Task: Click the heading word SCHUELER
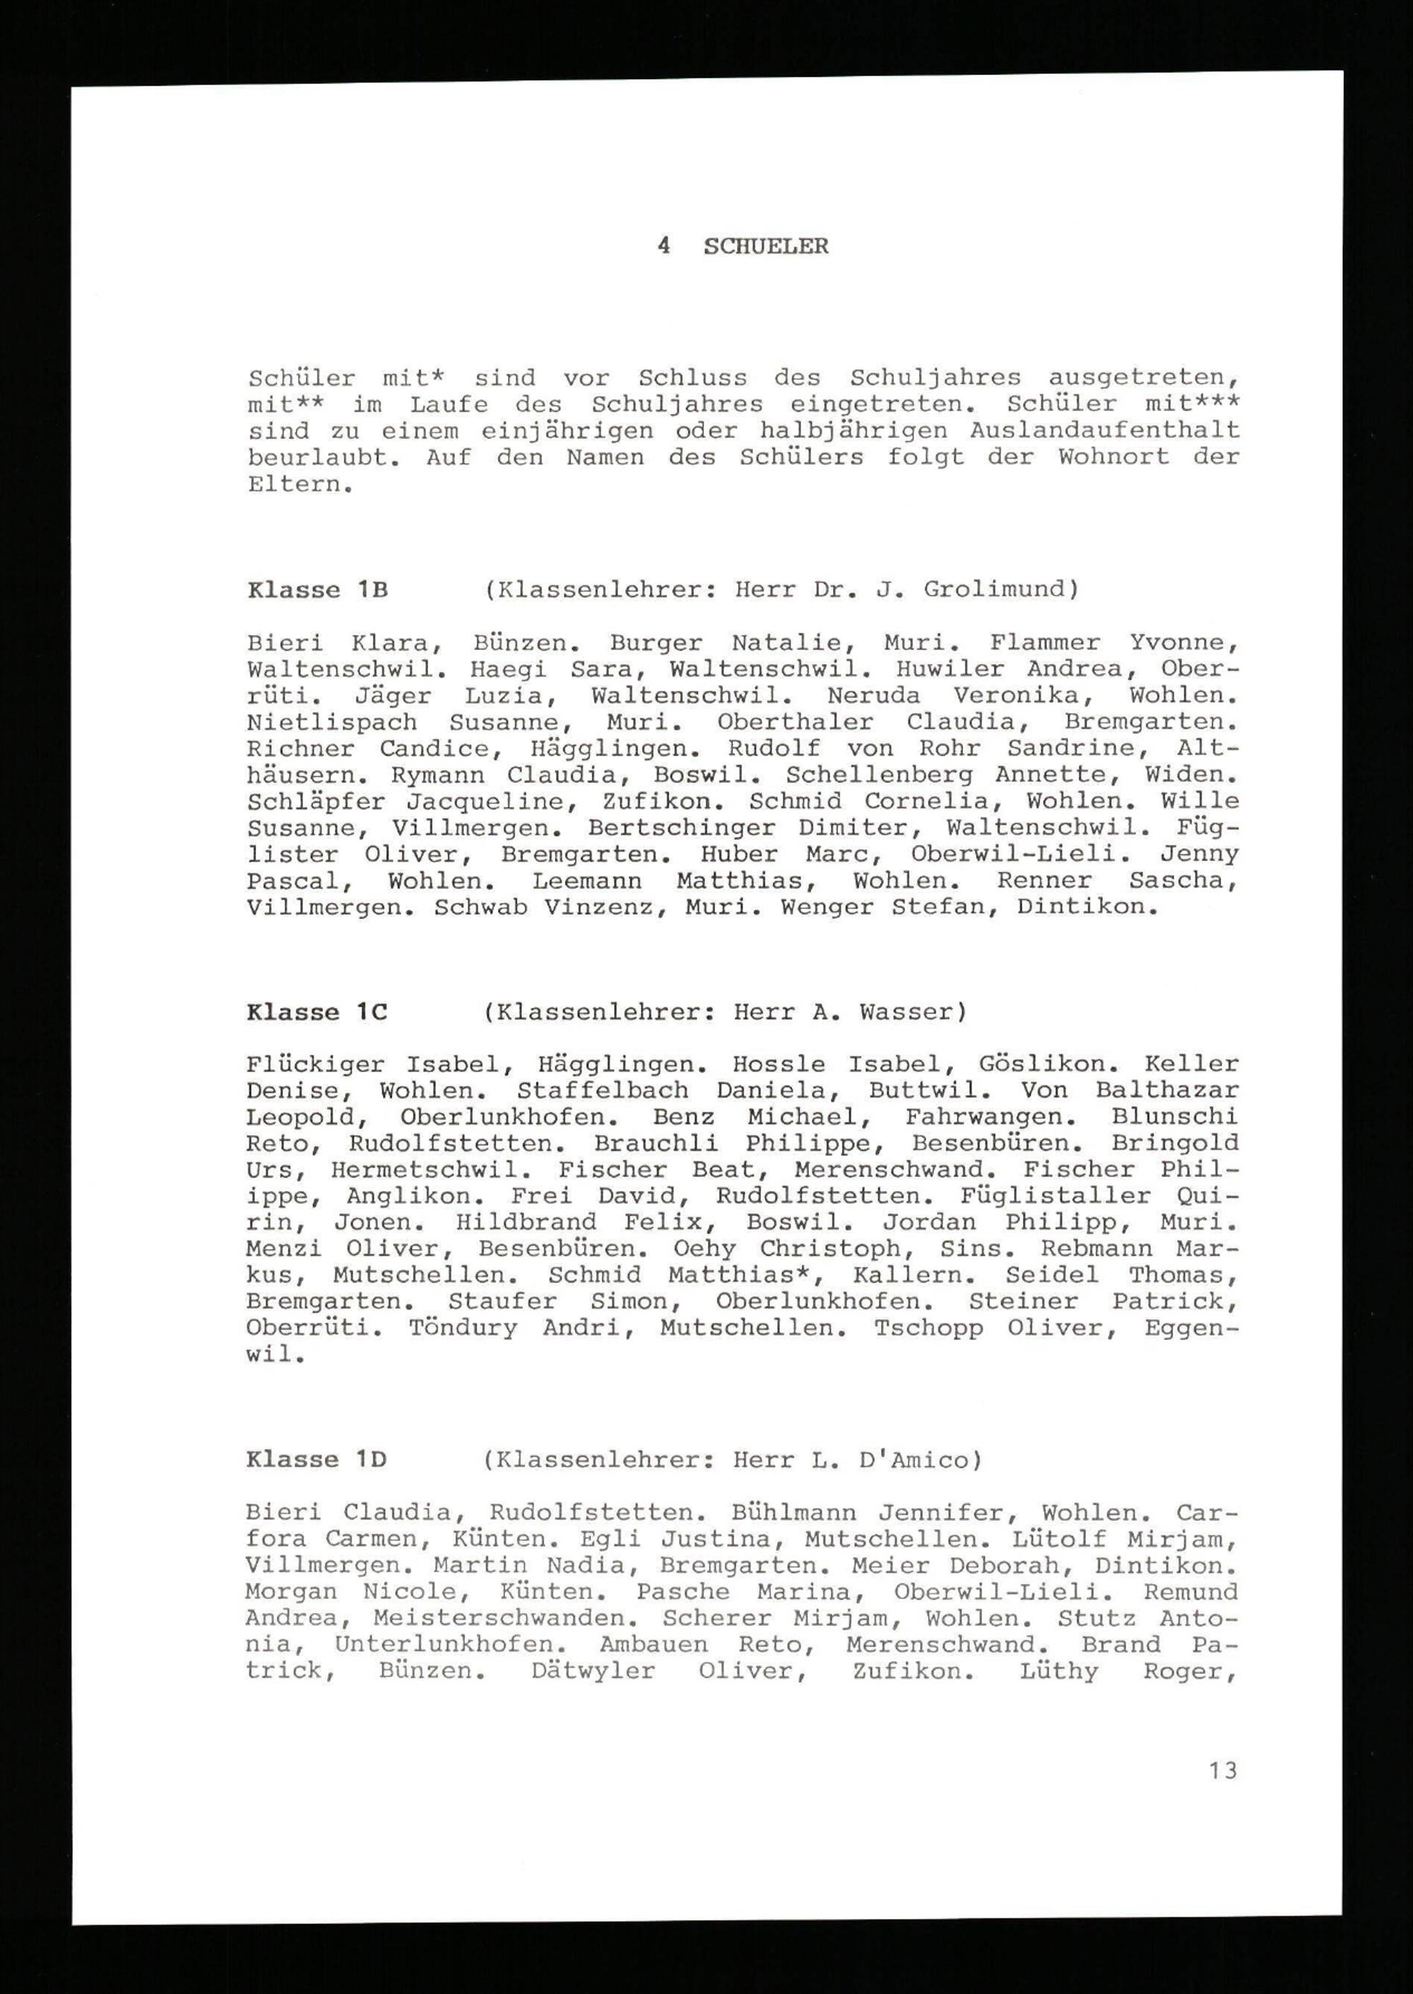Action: pyautogui.click(x=766, y=247)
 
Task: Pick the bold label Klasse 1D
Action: pyautogui.click(x=316, y=1460)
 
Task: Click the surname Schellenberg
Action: pyautogui.click(x=880, y=775)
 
